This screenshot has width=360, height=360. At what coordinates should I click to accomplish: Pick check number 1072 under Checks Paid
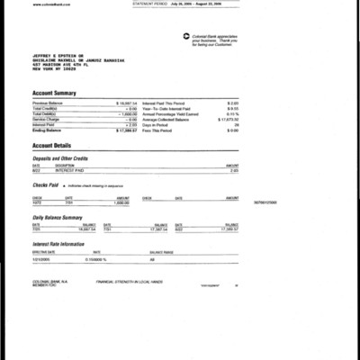38,202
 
